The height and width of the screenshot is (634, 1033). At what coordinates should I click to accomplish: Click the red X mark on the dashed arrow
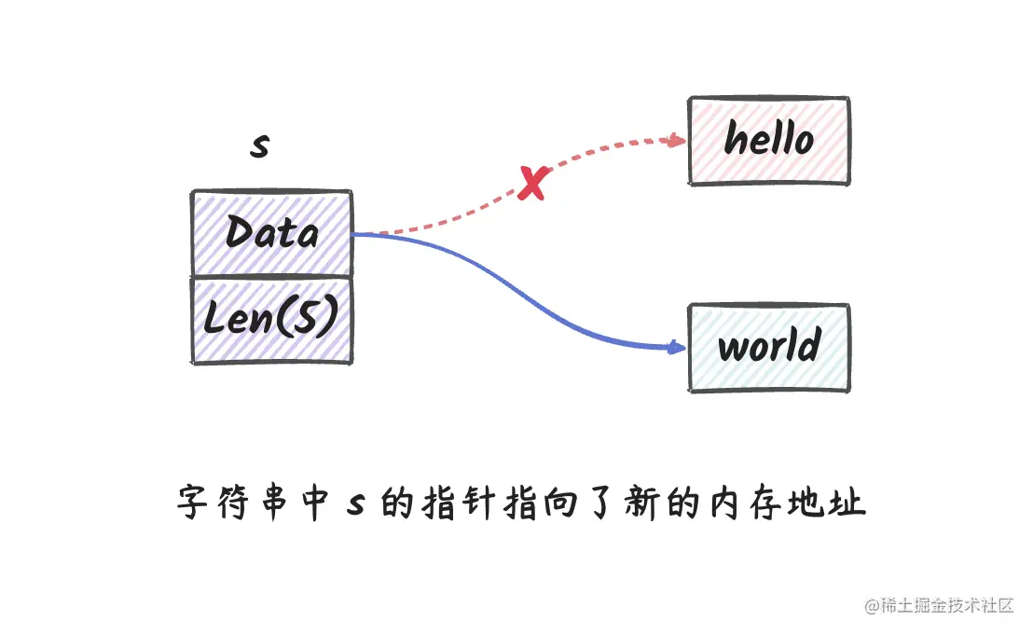[531, 184]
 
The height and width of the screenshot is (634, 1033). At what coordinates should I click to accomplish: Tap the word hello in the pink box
[769, 140]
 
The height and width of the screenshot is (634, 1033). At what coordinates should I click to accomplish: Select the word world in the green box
[769, 347]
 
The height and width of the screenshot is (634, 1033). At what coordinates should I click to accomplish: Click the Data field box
[271, 233]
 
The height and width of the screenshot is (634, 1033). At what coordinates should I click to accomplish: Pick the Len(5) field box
[271, 320]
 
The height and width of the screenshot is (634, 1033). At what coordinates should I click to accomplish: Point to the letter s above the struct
[260, 145]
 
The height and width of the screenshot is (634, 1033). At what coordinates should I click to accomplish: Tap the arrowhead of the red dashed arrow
[678, 141]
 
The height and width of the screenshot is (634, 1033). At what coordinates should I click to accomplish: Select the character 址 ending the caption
[850, 503]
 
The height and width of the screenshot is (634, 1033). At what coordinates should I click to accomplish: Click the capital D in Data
[240, 232]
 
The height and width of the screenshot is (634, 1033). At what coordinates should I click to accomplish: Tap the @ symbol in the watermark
[872, 606]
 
